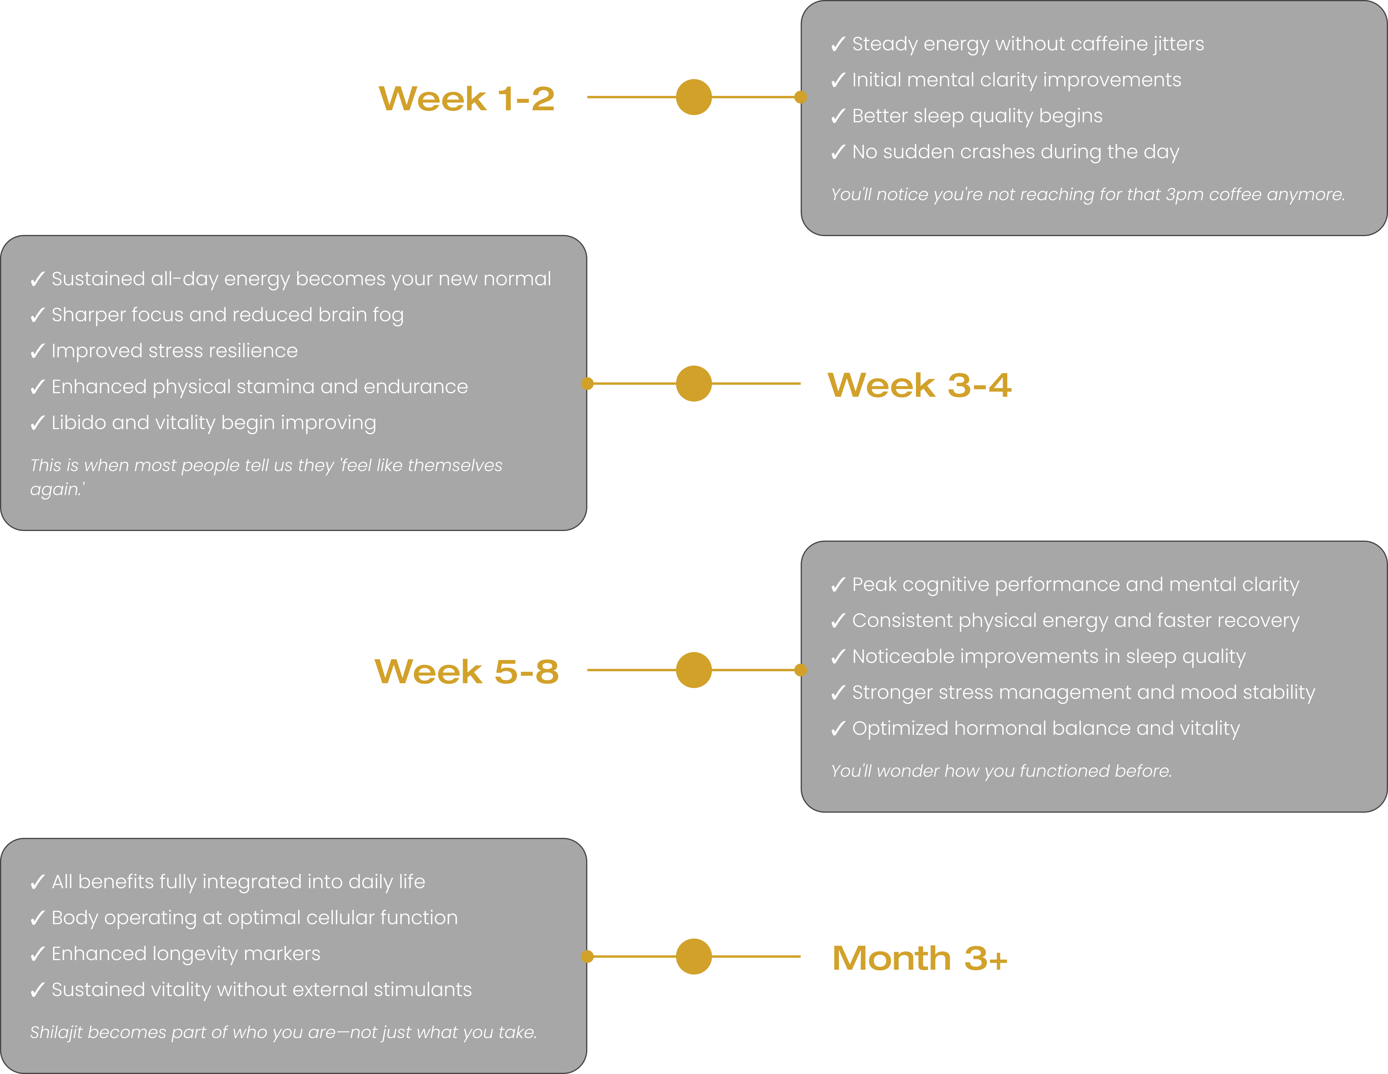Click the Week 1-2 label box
(467, 97)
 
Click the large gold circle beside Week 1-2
(694, 97)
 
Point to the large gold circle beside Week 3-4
(694, 384)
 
